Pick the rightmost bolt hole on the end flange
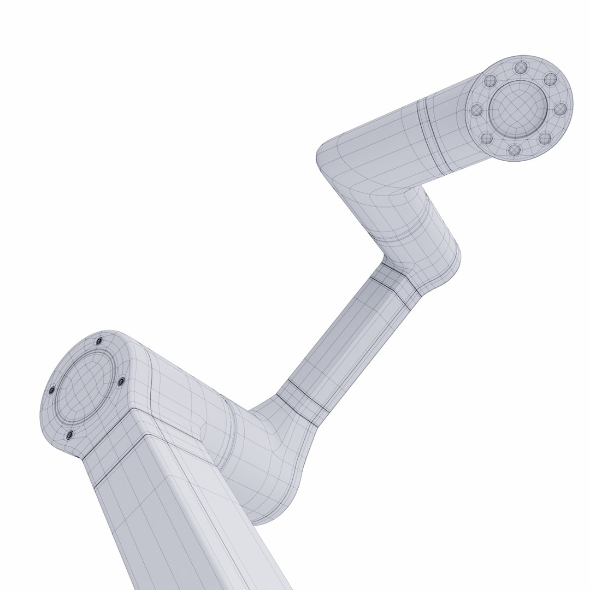click(560, 109)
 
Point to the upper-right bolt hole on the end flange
click(551, 80)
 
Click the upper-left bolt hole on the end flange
click(489, 81)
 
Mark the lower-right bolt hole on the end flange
click(544, 138)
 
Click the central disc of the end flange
click(517, 108)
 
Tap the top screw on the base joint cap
click(99, 341)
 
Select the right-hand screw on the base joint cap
click(121, 381)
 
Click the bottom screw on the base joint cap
click(69, 435)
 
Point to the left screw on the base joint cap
click(52, 391)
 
